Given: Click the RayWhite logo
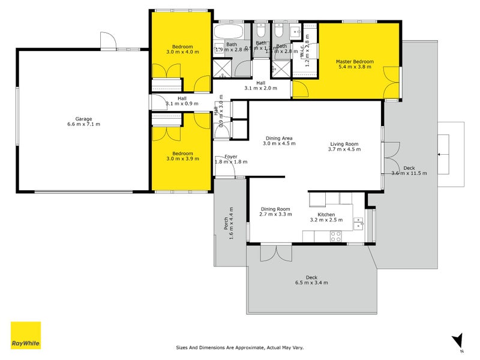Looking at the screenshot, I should click(x=26, y=336).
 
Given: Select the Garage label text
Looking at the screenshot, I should click(x=83, y=122).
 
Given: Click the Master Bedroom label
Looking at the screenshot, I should click(x=355, y=64).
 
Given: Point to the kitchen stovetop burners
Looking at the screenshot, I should click(x=335, y=237).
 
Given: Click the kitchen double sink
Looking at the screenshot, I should click(x=358, y=224).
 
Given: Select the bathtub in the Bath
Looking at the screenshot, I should click(x=228, y=31).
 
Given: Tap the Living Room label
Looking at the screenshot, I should click(x=344, y=147).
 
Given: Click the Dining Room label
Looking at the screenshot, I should click(x=275, y=211).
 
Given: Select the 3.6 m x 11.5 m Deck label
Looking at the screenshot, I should click(x=409, y=170).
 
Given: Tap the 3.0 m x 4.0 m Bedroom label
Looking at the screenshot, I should click(x=182, y=49).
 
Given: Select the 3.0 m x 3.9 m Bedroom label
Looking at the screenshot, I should click(x=182, y=156).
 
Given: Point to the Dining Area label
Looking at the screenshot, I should click(x=279, y=140).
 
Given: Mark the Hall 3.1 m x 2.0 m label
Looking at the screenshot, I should click(x=260, y=86).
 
